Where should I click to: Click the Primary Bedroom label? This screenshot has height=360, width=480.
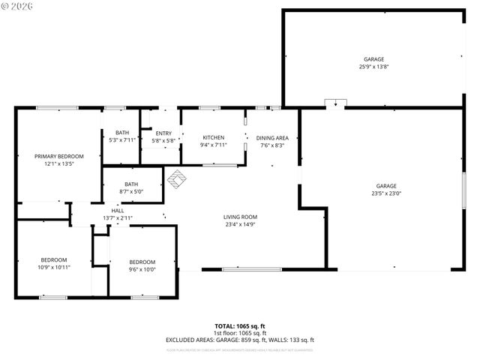[x=58, y=156]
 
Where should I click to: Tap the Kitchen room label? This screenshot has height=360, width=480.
[x=214, y=138]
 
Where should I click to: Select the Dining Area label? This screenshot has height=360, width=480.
[x=272, y=138]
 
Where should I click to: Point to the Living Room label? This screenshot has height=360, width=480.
[x=240, y=217]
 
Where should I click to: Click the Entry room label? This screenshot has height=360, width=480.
[x=163, y=133]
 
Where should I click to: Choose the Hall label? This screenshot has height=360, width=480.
[x=118, y=211]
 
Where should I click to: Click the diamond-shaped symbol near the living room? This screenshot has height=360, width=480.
[x=176, y=178]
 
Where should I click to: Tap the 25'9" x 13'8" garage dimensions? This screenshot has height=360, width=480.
[x=373, y=67]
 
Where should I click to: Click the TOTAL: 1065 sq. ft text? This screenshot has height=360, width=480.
[x=240, y=326]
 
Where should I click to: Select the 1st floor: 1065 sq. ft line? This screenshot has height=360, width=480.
[x=240, y=333]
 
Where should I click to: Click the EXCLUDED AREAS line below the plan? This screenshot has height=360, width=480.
[x=240, y=340]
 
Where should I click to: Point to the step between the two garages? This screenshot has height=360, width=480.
[x=335, y=103]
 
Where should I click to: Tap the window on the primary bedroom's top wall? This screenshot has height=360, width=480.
[x=58, y=108]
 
